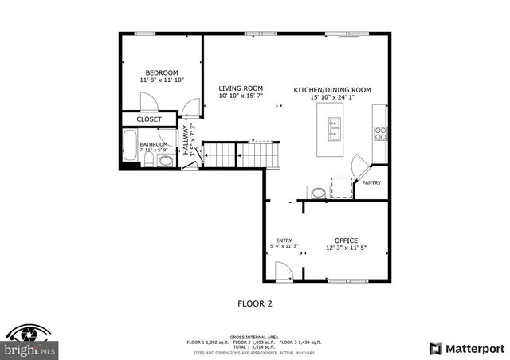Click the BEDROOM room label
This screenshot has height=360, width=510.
click(x=161, y=72)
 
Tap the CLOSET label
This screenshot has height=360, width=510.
click(x=149, y=119)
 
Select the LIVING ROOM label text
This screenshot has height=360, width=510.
click(x=241, y=88)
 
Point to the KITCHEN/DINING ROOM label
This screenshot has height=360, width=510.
click(x=332, y=90)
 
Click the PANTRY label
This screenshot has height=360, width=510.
click(x=371, y=182)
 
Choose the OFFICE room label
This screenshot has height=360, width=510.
click(x=346, y=240)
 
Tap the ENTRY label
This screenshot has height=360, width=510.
click(x=284, y=241)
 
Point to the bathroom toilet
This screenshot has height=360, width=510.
click(x=165, y=162)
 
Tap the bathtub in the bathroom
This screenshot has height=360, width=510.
click(x=130, y=147)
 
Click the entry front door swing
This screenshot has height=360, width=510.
click(x=280, y=272)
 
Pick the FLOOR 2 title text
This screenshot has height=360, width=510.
click(x=255, y=303)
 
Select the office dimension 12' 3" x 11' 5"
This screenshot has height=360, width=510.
click(x=346, y=248)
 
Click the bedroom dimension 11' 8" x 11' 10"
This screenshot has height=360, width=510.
click(x=161, y=80)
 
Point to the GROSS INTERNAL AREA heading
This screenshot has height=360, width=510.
click(x=255, y=335)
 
